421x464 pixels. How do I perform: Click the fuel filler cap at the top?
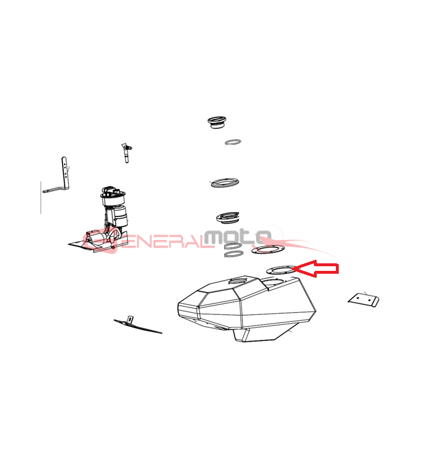pyautogui.click(x=217, y=122)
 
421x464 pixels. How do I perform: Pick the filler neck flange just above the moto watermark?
pyautogui.click(x=228, y=217)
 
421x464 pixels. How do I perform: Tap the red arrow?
pyautogui.click(x=316, y=269)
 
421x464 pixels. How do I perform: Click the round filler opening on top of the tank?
pyautogui.click(x=239, y=280)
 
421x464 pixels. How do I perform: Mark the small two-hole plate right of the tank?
pyautogui.click(x=364, y=300)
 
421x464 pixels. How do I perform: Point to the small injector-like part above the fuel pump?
pyautogui.click(x=126, y=153)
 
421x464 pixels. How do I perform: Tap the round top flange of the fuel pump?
pyautogui.click(x=113, y=195)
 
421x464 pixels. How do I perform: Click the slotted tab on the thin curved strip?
pyautogui.click(x=130, y=320)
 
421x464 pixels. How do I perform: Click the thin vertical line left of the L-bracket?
pyautogui.click(x=41, y=197)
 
